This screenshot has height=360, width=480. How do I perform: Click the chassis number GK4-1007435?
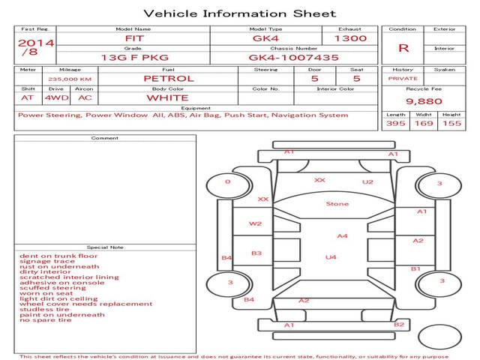[293, 57]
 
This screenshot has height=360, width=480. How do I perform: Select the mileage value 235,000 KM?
[70, 78]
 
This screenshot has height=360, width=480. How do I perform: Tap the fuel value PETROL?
[168, 78]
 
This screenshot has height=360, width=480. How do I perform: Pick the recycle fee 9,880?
[424, 100]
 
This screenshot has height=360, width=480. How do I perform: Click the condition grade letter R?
[403, 47]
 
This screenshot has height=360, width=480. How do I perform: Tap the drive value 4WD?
[54, 97]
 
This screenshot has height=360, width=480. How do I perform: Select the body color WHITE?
[167, 97]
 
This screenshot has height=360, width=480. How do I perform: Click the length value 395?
[396, 123]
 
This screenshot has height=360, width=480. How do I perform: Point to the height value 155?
[451, 123]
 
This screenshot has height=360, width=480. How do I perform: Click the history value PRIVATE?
[403, 78]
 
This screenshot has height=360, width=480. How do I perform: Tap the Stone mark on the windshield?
[337, 203]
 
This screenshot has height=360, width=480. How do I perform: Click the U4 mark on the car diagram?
[330, 257]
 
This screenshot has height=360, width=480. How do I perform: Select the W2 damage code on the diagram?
[256, 223]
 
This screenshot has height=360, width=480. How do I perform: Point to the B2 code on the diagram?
[399, 324]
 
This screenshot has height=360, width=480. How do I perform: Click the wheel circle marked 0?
[227, 182]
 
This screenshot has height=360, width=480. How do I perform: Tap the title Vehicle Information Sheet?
[239, 13]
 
